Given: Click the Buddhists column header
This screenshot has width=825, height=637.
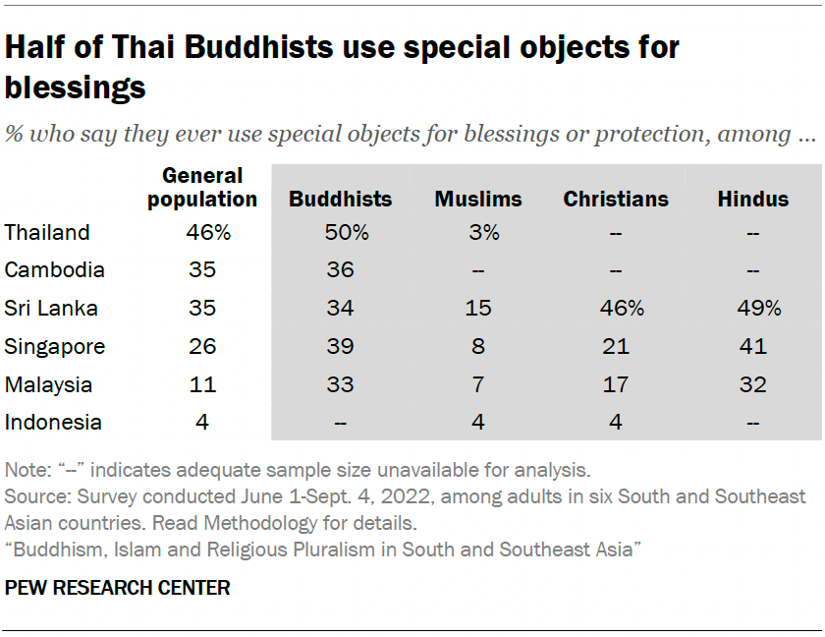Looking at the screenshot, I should (x=340, y=200).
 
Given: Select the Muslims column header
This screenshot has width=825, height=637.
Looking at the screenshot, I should (x=478, y=200).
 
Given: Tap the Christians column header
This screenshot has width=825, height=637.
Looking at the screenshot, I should (x=616, y=200).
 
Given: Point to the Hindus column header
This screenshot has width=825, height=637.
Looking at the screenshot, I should (x=753, y=200).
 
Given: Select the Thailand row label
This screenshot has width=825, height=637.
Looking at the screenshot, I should (x=47, y=233).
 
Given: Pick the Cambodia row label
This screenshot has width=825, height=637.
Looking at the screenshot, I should (x=54, y=270).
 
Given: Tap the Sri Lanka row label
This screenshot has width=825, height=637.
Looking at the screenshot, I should (x=51, y=309).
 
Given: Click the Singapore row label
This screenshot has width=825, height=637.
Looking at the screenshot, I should (x=55, y=347).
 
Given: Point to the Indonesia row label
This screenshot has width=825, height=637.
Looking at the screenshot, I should (x=53, y=423).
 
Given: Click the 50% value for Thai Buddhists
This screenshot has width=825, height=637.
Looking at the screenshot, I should (x=340, y=233).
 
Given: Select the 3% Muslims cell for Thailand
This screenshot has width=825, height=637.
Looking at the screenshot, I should (x=478, y=233).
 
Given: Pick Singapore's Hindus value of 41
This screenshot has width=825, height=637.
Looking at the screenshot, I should (x=753, y=347).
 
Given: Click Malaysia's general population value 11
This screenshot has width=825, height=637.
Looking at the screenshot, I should (x=202, y=384).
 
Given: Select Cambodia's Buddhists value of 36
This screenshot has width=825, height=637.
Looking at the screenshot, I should (x=340, y=270).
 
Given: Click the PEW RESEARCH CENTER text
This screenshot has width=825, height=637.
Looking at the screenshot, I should (x=118, y=589).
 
